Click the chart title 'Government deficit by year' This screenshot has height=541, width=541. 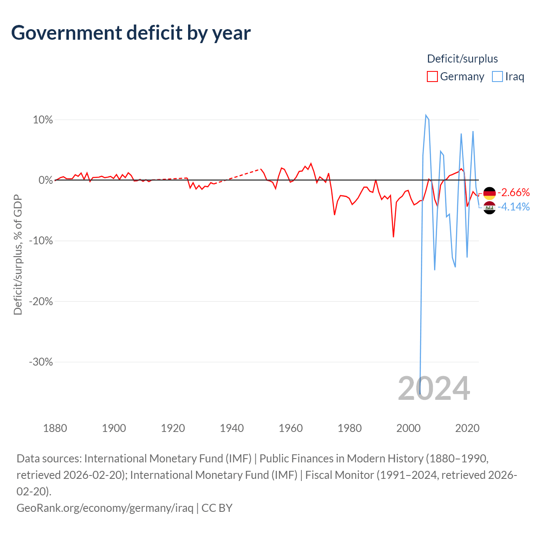pyautogui.click(x=131, y=33)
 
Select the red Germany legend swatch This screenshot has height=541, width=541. pyautogui.click(x=432, y=77)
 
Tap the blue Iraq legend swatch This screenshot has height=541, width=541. pyautogui.click(x=497, y=77)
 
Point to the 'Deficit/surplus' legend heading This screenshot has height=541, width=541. pyautogui.click(x=462, y=59)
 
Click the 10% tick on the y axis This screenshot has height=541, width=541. pyautogui.click(x=43, y=120)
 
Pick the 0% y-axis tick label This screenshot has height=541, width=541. pyautogui.click(x=46, y=180)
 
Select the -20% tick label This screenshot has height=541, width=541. pyautogui.click(x=41, y=301)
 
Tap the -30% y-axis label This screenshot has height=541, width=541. pyautogui.click(x=41, y=362)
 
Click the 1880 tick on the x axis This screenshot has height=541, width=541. pyautogui.click(x=55, y=428)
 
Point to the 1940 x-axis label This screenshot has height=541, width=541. pyautogui.click(x=232, y=428)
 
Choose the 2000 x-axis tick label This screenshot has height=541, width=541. pyautogui.click(x=408, y=428)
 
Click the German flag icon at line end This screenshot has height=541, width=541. pyautogui.click(x=489, y=193)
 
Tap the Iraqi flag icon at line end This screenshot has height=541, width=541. pyautogui.click(x=489, y=208)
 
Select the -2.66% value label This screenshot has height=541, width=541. pyautogui.click(x=514, y=193)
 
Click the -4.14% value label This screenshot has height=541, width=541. pyautogui.click(x=514, y=207)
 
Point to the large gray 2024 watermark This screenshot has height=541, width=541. pyautogui.click(x=434, y=388)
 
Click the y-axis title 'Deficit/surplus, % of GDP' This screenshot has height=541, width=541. pyautogui.click(x=18, y=254)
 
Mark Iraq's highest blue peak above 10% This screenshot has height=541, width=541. pyautogui.click(x=426, y=115)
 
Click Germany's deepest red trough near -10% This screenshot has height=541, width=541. pyautogui.click(x=393, y=237)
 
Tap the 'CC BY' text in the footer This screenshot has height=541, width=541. pyautogui.click(x=217, y=508)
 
